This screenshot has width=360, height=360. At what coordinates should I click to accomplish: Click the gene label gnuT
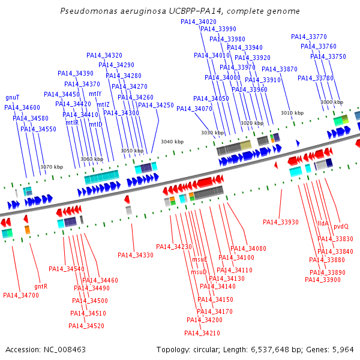point(13,98)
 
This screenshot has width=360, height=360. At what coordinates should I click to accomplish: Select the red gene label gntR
point(41,287)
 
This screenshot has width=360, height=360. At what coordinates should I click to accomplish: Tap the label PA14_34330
point(136,255)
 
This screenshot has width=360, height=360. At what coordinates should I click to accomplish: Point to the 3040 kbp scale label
point(172,142)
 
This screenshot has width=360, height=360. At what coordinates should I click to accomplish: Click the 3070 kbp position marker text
point(52,167)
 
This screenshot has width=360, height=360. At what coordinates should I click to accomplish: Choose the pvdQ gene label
point(341,227)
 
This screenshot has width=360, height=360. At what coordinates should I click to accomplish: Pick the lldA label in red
point(323,223)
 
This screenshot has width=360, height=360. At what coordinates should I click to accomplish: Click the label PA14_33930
point(281,222)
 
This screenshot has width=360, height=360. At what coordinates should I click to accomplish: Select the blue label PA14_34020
point(199,22)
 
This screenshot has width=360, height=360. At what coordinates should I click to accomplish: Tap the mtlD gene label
point(95,124)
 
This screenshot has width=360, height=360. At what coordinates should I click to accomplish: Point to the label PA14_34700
point(21,295)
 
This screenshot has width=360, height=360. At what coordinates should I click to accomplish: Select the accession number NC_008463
point(65,350)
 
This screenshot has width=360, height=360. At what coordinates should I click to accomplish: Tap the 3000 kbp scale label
point(332,102)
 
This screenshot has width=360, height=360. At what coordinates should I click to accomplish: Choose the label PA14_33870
point(280,69)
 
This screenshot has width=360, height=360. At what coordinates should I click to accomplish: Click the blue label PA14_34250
point(156,105)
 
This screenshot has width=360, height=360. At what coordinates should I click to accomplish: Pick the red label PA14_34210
point(202,333)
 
